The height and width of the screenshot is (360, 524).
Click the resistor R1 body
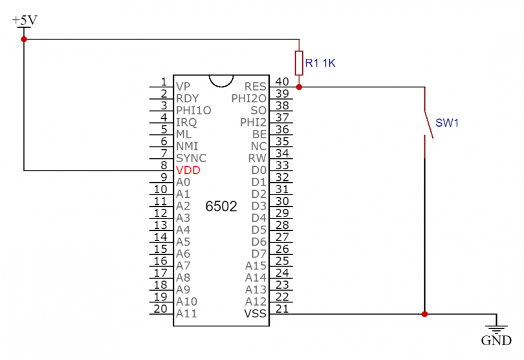(299, 63)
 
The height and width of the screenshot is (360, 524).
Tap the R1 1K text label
(321, 63)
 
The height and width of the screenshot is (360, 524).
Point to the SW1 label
(446, 123)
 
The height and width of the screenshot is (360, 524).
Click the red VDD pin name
(188, 170)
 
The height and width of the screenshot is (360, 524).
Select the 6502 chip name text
(221, 207)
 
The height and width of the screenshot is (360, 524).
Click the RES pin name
(256, 86)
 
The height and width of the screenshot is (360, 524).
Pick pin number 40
(281, 81)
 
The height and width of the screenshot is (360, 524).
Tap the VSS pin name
(256, 313)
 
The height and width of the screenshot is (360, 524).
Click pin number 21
(281, 309)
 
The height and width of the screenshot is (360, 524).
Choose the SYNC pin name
(191, 158)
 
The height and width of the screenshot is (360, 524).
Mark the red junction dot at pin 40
(299, 87)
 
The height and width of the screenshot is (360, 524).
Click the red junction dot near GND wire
(424, 315)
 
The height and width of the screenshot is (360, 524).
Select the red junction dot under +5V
(24, 39)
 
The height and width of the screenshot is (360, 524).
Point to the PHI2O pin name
(248, 98)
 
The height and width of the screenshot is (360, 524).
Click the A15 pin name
(256, 266)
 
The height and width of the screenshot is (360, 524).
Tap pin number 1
(164, 81)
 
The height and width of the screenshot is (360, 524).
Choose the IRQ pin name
(186, 122)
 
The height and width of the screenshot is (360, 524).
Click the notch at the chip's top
(221, 81)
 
